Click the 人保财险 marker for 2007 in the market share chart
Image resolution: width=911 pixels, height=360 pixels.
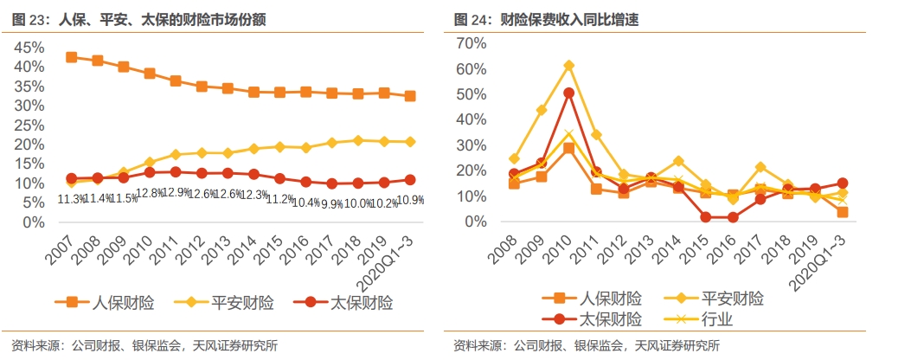(71, 57)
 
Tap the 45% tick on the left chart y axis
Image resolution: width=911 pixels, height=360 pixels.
(32, 48)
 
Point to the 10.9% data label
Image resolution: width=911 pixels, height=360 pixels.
(411, 201)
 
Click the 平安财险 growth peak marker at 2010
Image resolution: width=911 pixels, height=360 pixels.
(569, 66)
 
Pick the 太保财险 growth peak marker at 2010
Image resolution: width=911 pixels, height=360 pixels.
(569, 93)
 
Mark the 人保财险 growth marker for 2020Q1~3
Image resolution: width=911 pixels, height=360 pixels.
(842, 212)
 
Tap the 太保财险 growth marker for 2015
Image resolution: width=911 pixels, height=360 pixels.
(706, 217)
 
